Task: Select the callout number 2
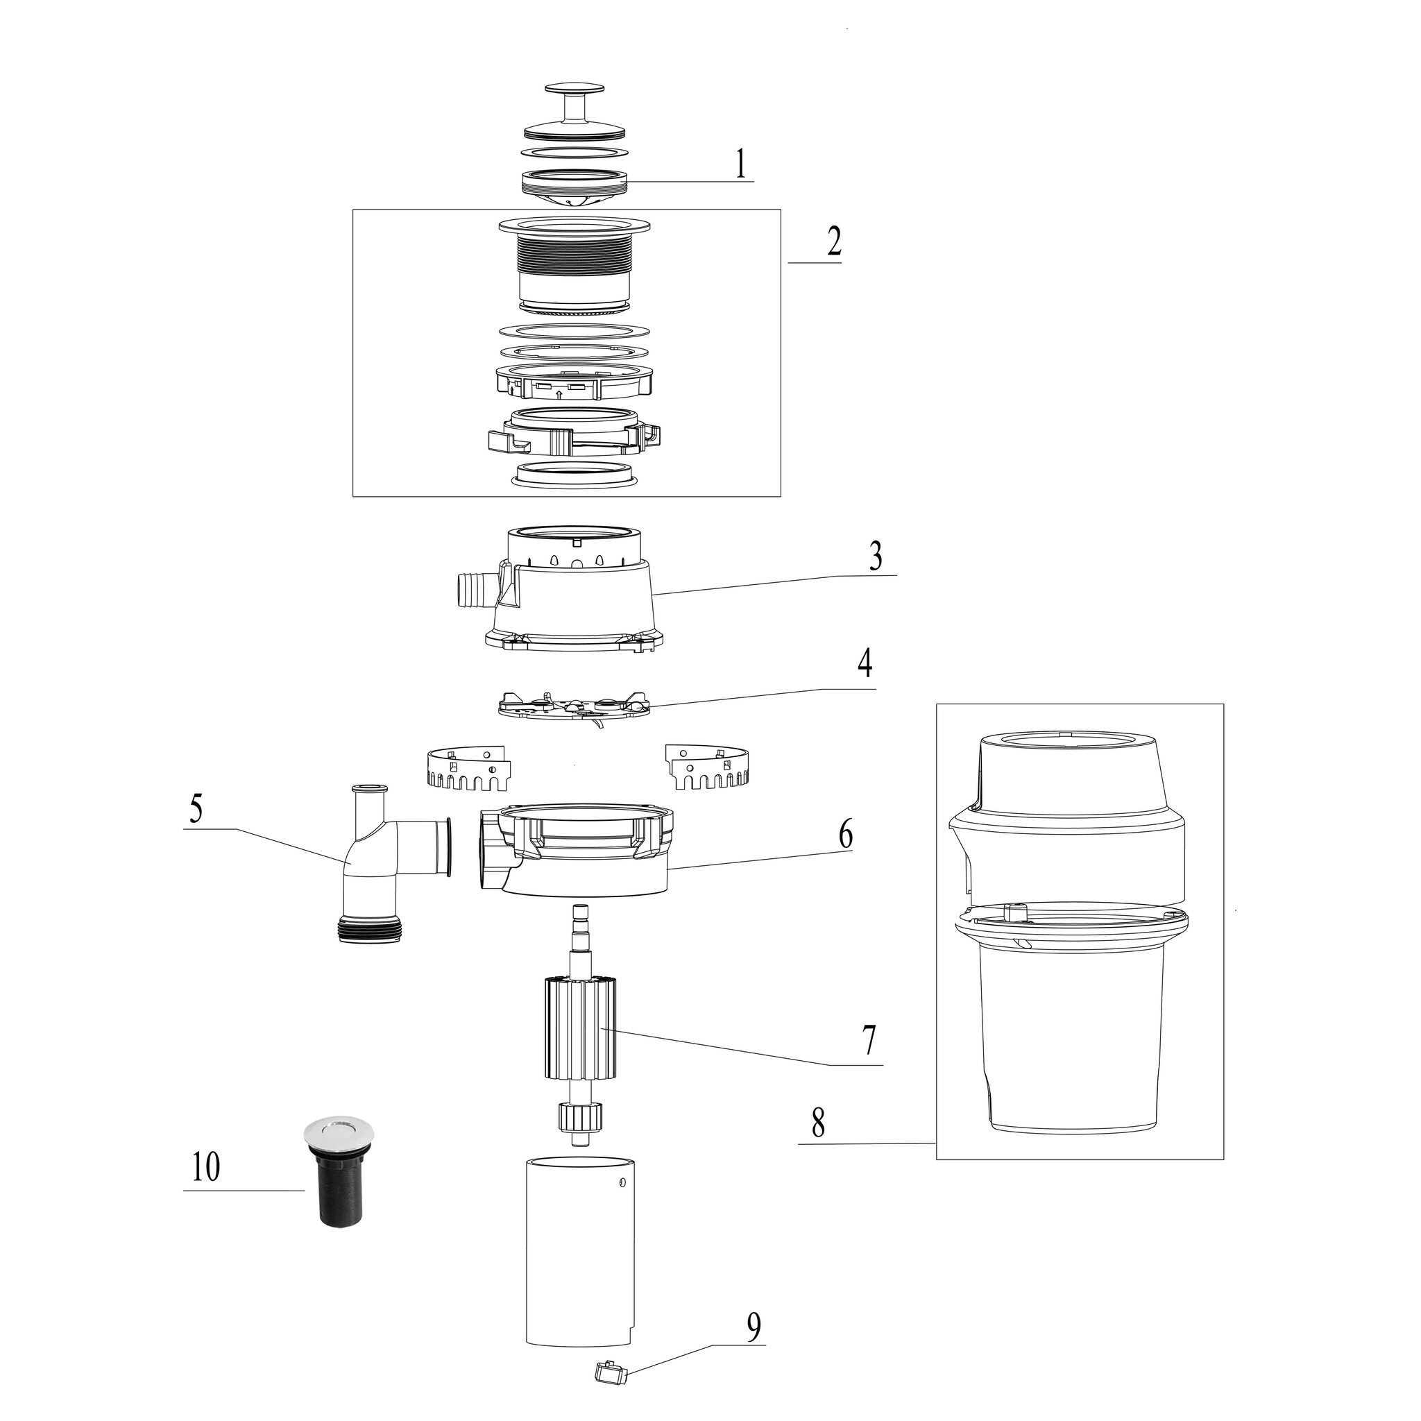tap(833, 241)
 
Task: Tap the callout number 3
tap(875, 556)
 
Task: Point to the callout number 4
tap(865, 663)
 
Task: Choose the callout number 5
tap(196, 808)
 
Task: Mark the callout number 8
tap(818, 1123)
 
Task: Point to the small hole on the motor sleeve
tap(623, 1183)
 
